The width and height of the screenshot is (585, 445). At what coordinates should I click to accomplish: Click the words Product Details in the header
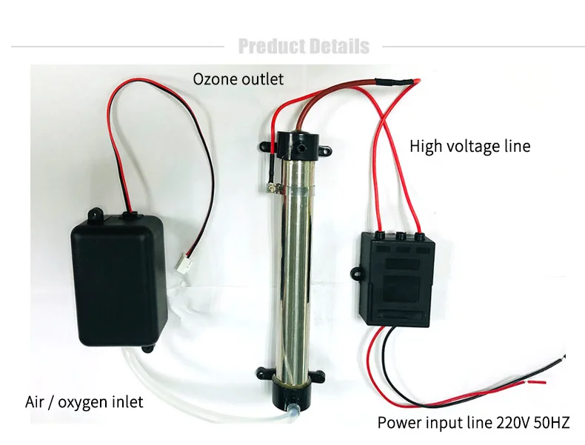304,47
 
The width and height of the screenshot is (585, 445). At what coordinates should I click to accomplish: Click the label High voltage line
470,147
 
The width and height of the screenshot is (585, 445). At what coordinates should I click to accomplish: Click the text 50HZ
552,424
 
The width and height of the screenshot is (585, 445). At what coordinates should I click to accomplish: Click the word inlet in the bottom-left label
125,403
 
